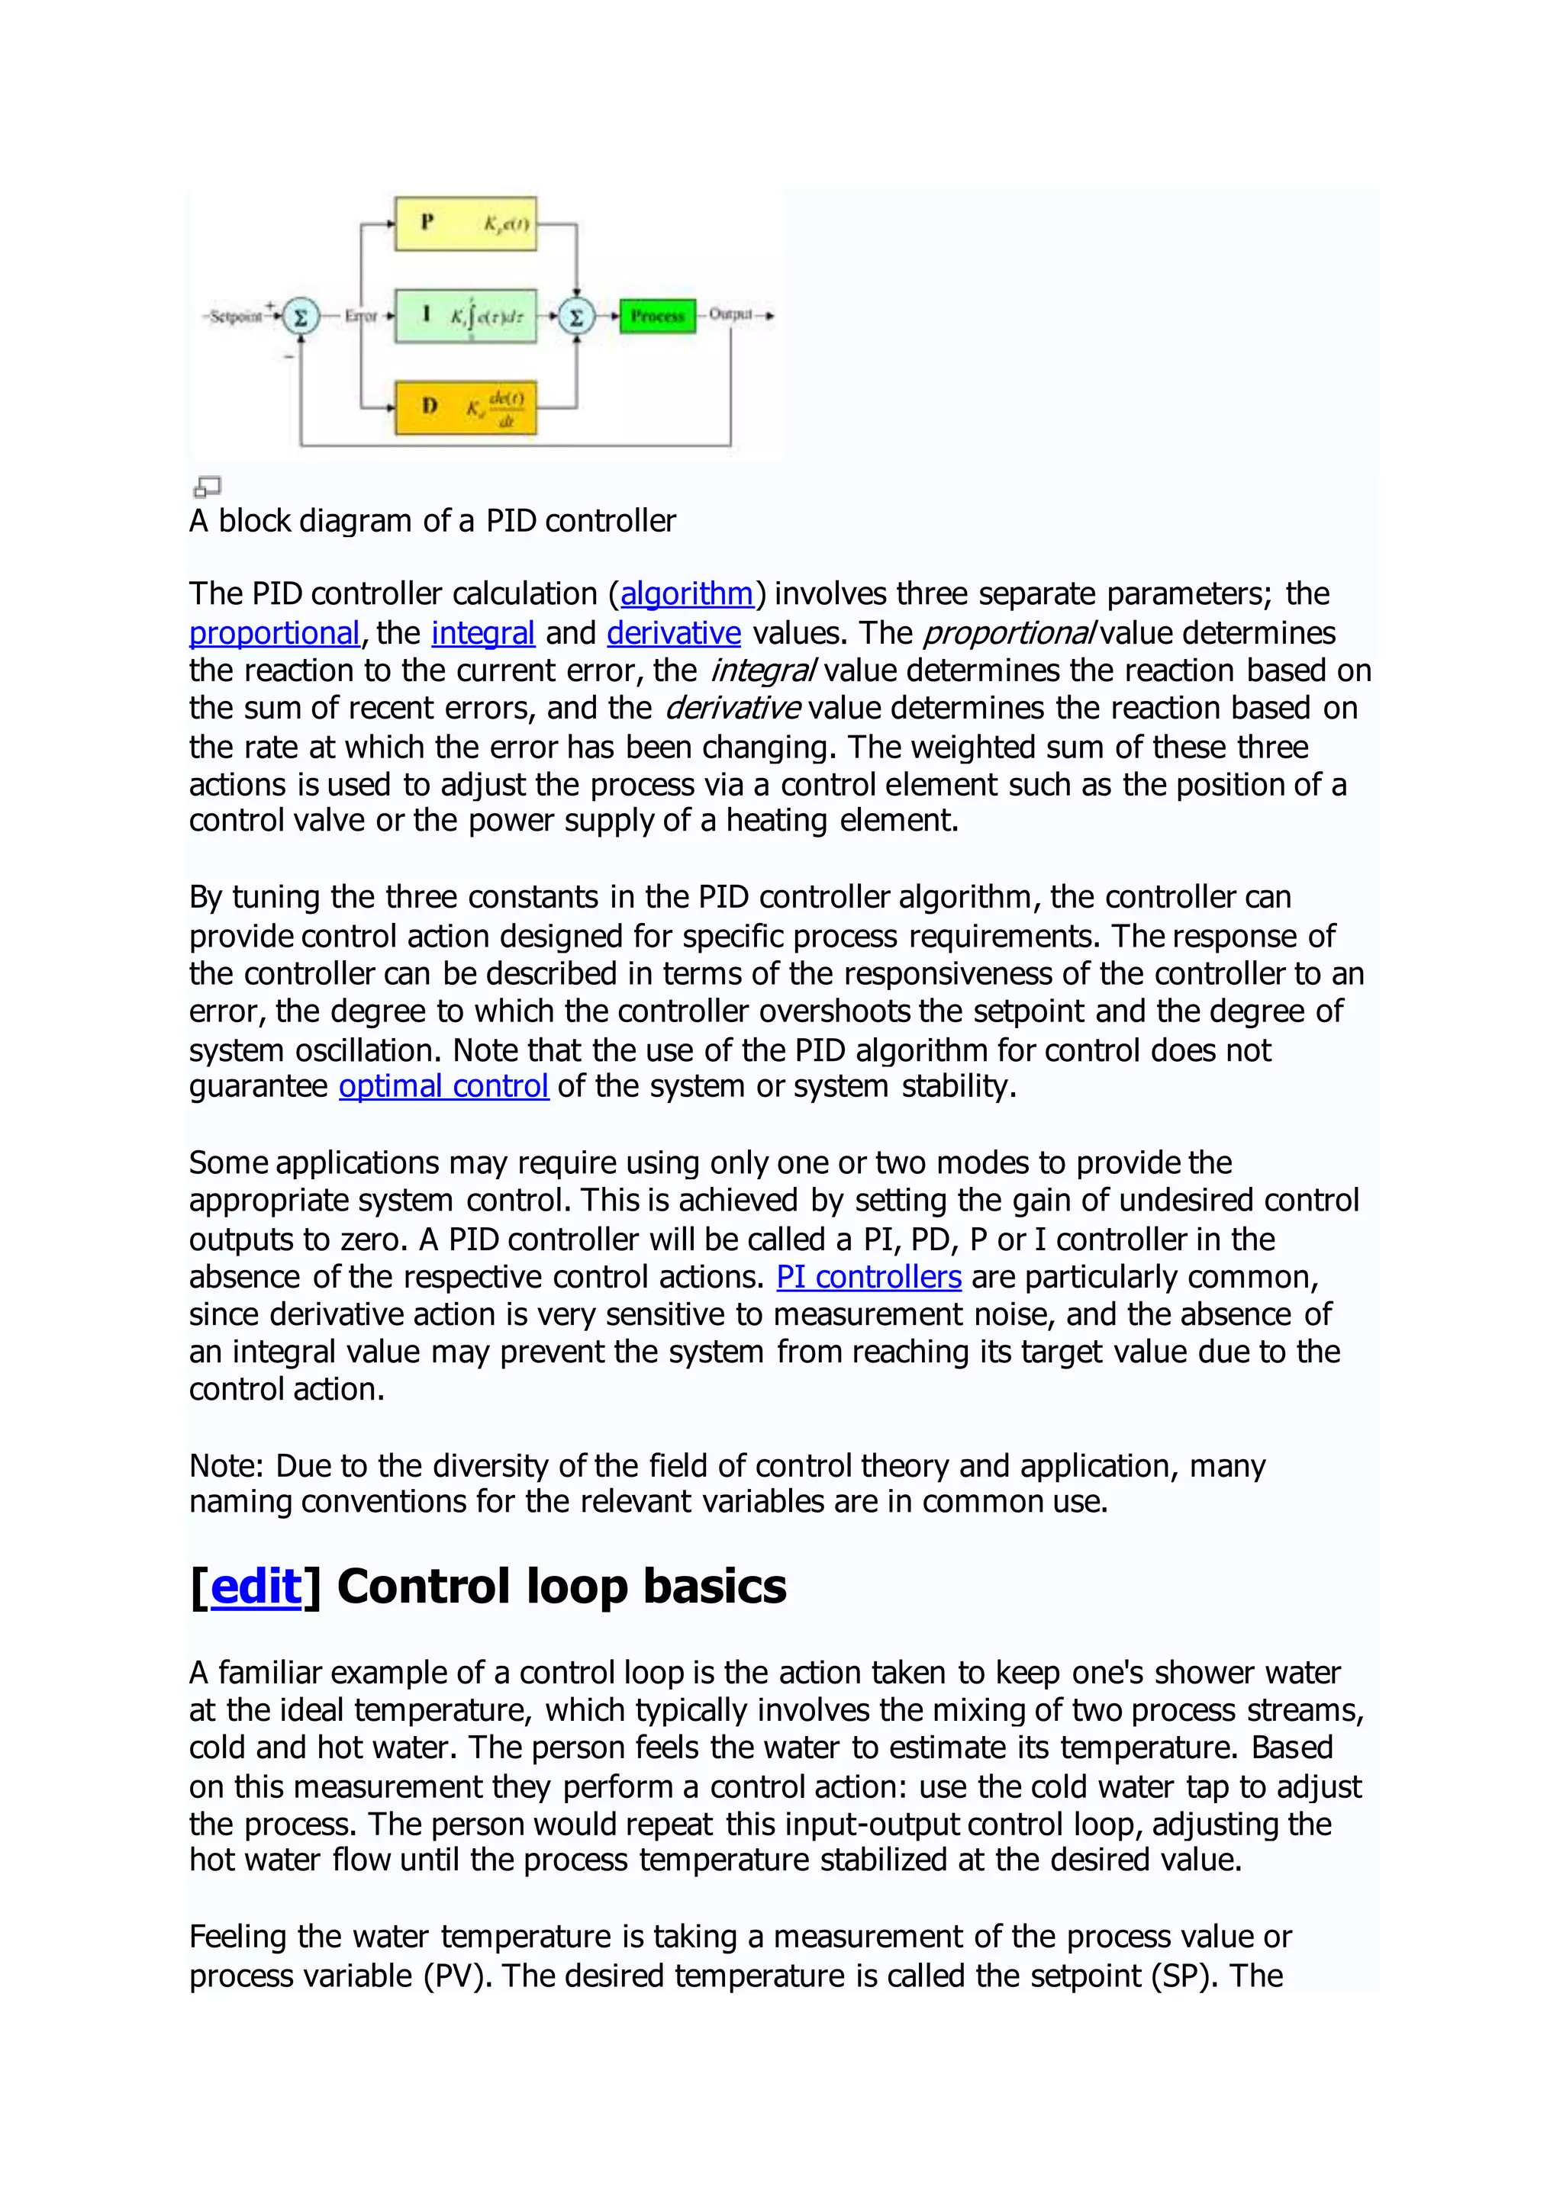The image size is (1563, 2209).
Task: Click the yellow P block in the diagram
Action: pos(465,224)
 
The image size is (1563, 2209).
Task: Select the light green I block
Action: pos(465,314)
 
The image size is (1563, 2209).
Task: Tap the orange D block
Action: pos(465,407)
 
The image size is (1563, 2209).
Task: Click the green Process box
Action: pos(657,316)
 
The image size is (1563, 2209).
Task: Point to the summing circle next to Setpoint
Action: pos(300,316)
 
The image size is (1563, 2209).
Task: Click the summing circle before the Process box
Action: pos(576,316)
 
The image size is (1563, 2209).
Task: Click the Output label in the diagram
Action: pos(730,314)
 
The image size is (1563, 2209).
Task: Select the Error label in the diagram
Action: pos(361,316)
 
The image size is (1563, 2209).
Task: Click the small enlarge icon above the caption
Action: pos(207,486)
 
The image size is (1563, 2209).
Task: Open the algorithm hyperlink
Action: pos(686,593)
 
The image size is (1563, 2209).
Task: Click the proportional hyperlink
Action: pos(274,633)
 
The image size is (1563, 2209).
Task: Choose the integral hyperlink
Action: pos(482,633)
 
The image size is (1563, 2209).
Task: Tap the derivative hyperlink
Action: pos(674,633)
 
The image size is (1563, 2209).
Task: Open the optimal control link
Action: pos(443,1086)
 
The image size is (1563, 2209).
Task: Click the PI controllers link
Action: pos(869,1277)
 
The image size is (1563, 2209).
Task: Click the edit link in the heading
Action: pos(256,1587)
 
